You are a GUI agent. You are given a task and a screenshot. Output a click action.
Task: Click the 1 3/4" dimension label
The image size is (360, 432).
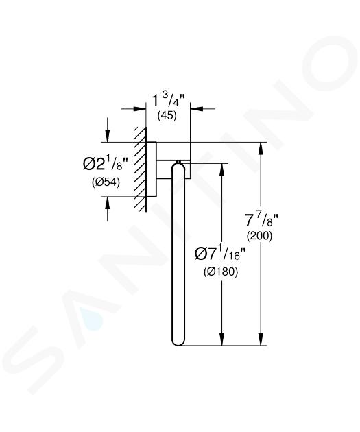tap(168, 100)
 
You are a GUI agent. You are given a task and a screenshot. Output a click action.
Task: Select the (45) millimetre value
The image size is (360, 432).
tap(167, 115)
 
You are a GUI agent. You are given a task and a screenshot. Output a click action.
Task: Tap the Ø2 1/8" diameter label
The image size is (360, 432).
tap(106, 163)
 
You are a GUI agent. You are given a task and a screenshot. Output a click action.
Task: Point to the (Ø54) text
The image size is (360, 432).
tap(106, 182)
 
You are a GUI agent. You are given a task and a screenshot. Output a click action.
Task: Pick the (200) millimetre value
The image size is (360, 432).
tap(259, 236)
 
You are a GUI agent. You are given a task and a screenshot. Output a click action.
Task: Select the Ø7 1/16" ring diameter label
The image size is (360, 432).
tap(220, 253)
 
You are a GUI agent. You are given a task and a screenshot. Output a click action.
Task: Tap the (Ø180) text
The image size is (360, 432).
tap(221, 272)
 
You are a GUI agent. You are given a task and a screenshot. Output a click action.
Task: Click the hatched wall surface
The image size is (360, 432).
tap(140, 169)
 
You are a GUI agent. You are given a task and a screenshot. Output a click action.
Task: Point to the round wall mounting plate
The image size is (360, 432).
tap(152, 169)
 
